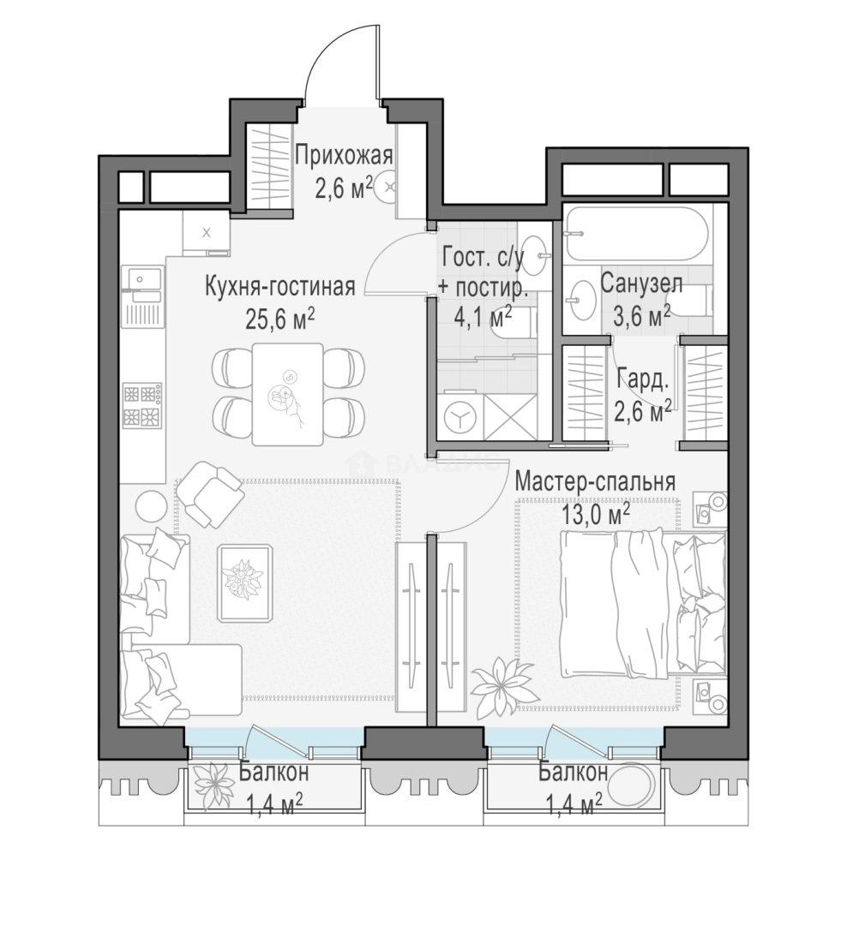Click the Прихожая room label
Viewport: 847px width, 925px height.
(x=343, y=157)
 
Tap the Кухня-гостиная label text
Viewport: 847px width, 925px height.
(x=280, y=287)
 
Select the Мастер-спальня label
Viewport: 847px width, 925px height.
(x=595, y=481)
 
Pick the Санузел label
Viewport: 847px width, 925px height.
(x=641, y=283)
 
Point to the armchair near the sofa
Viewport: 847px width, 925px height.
(x=210, y=494)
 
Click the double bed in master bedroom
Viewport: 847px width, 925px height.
(x=643, y=604)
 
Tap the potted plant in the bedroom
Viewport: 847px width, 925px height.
(x=499, y=689)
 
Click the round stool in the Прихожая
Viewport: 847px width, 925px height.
(x=389, y=187)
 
